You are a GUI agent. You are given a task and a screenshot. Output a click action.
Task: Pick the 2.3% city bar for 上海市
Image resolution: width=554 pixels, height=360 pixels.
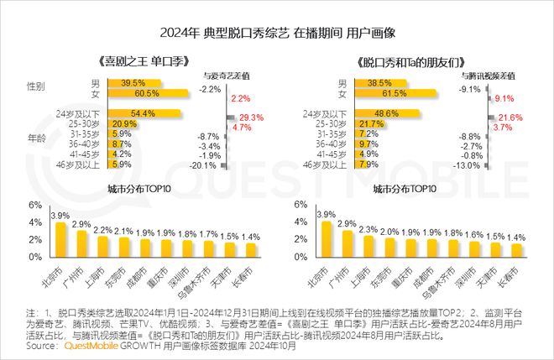point(367,246)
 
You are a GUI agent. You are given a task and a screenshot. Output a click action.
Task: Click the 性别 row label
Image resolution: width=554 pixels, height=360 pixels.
point(36,87)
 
